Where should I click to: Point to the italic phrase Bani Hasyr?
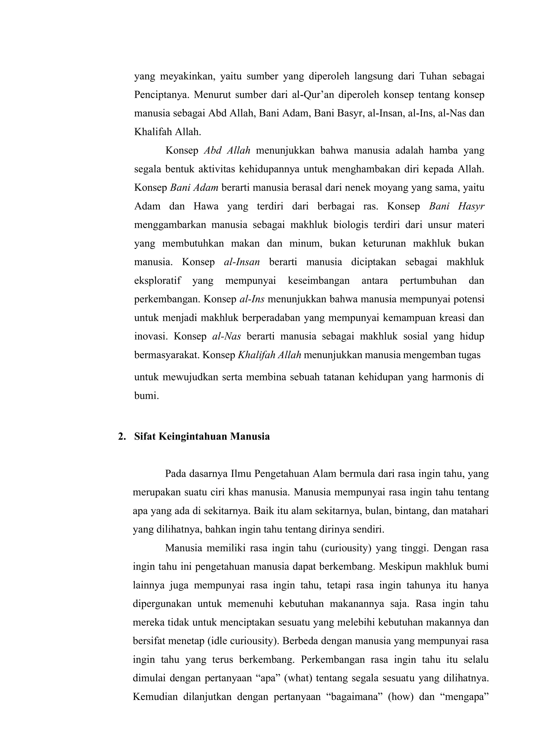coord(457,206)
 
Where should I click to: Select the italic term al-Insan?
coord(242,262)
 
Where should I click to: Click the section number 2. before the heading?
coord(122,437)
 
